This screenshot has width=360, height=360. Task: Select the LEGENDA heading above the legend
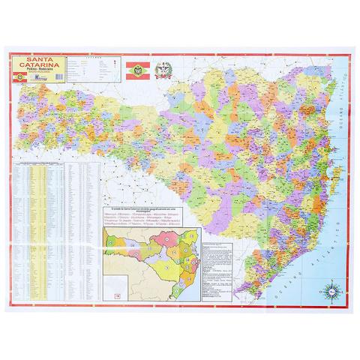[93, 56]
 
